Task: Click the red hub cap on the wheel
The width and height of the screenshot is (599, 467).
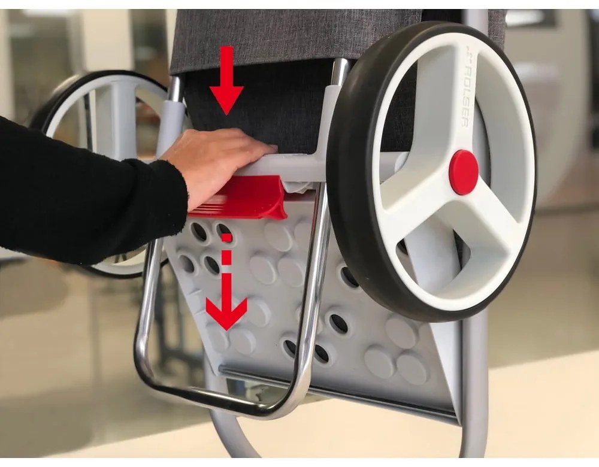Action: pos(464,172)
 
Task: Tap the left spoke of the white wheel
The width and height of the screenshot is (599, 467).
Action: pos(413,204)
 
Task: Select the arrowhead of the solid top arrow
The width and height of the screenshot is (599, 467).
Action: pos(226,99)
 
